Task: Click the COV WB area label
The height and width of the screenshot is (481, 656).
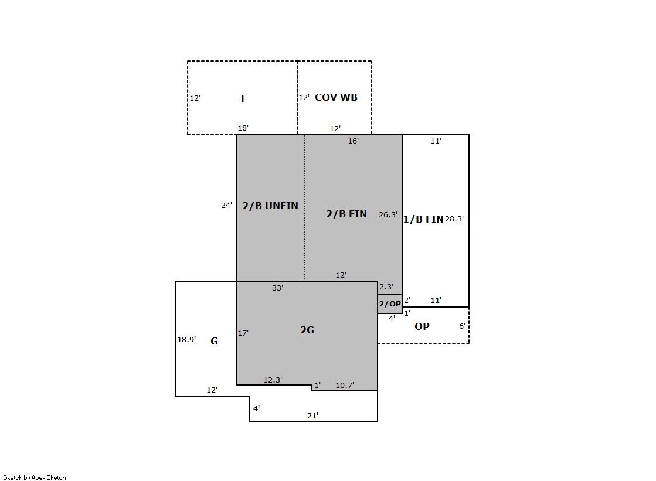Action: (336, 97)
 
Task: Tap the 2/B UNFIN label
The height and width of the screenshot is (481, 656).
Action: (270, 206)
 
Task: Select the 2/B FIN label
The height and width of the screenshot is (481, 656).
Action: (346, 214)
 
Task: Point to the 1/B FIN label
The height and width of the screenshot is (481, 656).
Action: (423, 219)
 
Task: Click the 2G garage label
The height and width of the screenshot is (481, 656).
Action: (307, 330)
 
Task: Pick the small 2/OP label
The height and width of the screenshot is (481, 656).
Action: (390, 304)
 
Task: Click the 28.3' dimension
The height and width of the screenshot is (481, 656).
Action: (454, 219)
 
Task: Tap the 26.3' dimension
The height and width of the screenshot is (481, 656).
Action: (388, 214)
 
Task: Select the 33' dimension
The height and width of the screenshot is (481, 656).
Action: (277, 288)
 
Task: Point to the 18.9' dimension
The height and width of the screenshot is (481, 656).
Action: (186, 339)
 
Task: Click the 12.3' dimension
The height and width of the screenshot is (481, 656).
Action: (273, 380)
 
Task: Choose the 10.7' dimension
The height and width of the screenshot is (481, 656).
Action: (345, 386)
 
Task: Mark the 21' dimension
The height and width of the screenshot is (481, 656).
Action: (312, 415)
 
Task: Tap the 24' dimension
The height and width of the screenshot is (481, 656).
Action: (226, 206)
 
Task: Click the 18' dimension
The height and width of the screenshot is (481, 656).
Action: (243, 128)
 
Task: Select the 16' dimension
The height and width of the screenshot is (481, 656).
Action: (353, 141)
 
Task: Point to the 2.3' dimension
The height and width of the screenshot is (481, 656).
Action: (386, 286)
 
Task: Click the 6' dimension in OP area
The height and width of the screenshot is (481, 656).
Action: (462, 326)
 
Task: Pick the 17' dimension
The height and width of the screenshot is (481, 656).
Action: (243, 333)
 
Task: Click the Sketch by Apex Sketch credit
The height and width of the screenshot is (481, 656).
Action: (35, 477)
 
